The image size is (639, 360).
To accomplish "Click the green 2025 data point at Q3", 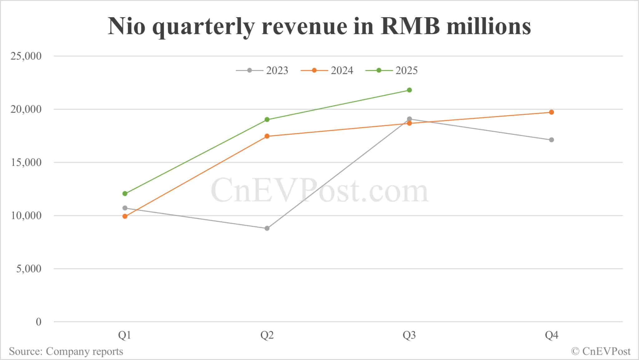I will coord(409,90).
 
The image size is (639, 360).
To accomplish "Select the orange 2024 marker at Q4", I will coord(551,112).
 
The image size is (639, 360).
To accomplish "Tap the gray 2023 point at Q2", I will coord(267,228).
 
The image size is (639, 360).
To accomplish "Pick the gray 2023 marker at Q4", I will coord(551,140).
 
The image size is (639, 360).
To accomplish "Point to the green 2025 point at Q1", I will coord(125,194).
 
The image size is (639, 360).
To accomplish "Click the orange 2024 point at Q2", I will coord(267,136).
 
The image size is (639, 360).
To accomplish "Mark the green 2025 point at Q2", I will coord(267,120).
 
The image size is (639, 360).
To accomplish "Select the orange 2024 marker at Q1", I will coord(125,216).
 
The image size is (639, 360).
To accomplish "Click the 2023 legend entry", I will coord(262,71).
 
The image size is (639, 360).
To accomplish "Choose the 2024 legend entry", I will coord(327,71).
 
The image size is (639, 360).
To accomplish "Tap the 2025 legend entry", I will coord(392,71).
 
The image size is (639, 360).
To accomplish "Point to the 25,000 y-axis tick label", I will coord(26,56).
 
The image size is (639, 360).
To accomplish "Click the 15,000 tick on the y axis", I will coord(26,162).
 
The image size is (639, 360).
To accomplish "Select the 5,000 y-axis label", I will coord(29,269).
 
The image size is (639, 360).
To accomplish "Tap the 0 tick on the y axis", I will coord(38,322).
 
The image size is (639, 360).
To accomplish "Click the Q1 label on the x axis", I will coord(124,335).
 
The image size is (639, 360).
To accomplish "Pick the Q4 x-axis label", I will coord(551,335).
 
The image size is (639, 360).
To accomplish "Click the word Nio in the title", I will coord(127,26).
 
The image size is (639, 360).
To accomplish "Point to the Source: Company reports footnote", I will coord(66,352).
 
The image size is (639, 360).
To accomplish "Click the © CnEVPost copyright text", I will coord(601,352).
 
